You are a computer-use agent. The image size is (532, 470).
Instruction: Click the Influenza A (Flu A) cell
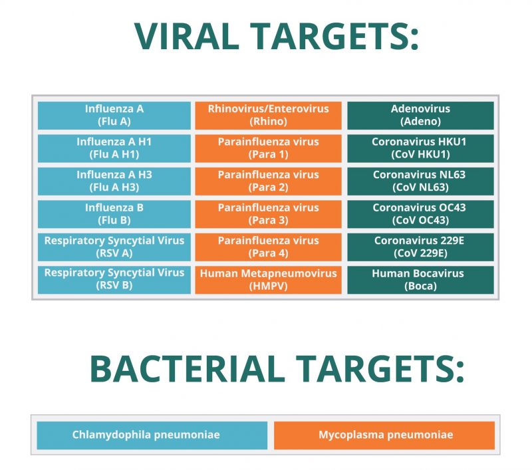point(114,115)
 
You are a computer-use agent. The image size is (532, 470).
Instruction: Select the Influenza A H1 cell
point(114,148)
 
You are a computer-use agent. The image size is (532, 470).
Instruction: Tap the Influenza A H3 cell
point(114,181)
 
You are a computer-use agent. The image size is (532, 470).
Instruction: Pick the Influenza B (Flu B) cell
point(114,213)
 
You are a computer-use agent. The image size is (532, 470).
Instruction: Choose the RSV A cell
point(114,246)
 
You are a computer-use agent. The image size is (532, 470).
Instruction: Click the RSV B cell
point(114,279)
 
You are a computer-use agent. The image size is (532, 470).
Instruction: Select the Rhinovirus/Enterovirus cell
point(268,115)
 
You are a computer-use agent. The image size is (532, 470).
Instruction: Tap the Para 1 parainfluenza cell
point(268,148)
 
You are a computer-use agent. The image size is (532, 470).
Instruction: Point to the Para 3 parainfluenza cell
point(268,213)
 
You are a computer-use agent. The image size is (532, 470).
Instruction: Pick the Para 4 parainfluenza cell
point(268,246)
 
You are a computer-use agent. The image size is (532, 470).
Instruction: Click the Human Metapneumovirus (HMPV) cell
point(268,279)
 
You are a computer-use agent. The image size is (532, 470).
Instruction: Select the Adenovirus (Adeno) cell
point(420,115)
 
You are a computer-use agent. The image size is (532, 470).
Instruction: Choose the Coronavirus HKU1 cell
point(420,148)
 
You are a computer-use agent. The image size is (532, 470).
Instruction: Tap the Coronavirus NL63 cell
point(420,181)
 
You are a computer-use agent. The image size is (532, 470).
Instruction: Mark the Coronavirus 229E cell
point(420,246)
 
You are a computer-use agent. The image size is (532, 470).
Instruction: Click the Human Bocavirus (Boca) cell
point(420,279)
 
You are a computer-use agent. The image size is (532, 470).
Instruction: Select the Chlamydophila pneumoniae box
point(152,435)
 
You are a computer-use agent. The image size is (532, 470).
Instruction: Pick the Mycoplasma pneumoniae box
point(384,435)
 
